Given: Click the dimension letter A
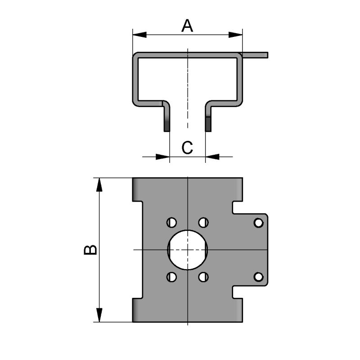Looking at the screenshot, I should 187,26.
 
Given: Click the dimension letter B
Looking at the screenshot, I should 90,250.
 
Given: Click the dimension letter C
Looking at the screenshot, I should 187,147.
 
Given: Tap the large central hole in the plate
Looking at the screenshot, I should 187,249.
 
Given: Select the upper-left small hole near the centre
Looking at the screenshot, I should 171,222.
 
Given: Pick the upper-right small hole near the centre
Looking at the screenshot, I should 204,222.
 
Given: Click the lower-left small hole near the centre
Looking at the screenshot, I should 171,277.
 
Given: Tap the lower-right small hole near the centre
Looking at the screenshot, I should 204,277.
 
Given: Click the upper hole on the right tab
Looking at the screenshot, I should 258,222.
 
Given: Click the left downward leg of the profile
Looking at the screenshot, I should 167,119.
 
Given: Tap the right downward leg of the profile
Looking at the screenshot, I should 208,119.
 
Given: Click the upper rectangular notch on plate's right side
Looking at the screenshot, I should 238,207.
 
